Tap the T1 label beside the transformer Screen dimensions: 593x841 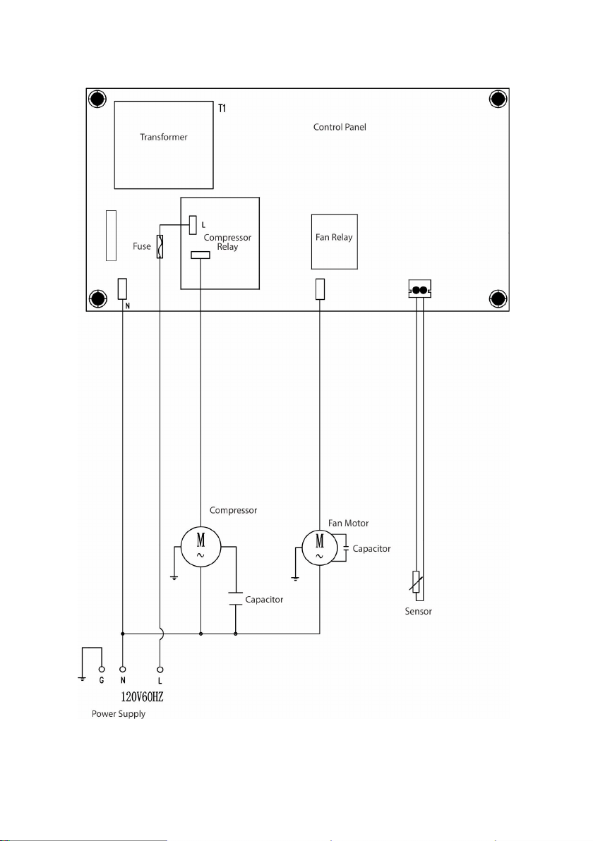(x=222, y=109)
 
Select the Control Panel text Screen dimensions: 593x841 (x=340, y=127)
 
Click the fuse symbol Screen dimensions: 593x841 (x=160, y=247)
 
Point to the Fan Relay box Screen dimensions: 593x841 (x=335, y=242)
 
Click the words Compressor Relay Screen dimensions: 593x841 (x=227, y=242)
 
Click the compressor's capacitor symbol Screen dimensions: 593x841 (x=236, y=598)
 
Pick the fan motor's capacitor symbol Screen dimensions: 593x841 (x=346, y=549)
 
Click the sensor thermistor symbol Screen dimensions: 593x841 (x=416, y=582)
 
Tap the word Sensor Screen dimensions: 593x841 (x=418, y=612)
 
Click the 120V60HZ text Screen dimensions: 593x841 (x=142, y=697)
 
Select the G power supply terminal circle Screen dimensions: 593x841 (x=102, y=670)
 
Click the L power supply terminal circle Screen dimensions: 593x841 (x=160, y=670)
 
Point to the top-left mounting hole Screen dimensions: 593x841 (x=97, y=99)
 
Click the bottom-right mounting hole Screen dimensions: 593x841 (x=498, y=298)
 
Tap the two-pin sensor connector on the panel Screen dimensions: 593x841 (x=420, y=289)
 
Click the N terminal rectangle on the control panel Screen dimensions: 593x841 (x=122, y=289)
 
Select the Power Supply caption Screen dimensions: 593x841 (x=119, y=714)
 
